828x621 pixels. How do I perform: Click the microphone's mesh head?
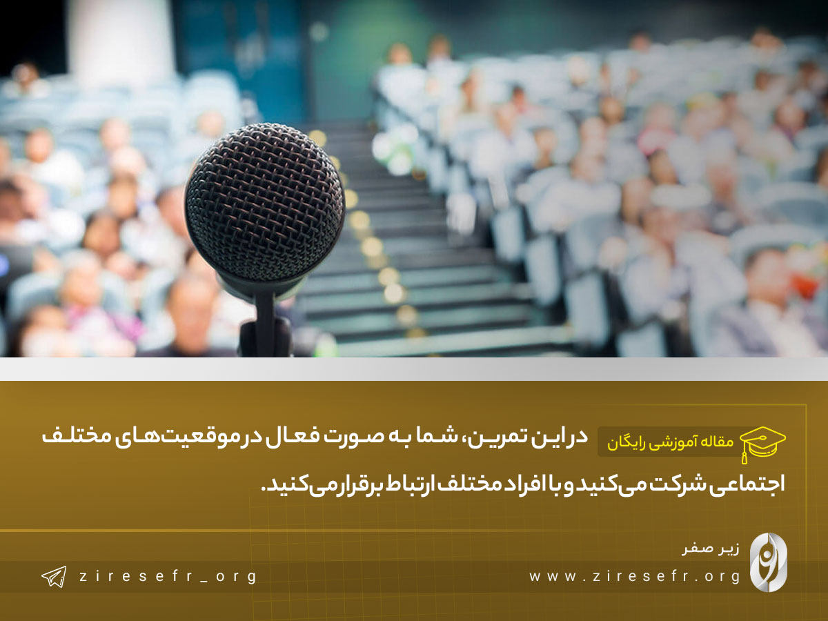point(265,203)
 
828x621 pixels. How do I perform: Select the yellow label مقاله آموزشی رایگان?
point(670,442)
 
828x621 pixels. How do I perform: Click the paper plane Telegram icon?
point(54,577)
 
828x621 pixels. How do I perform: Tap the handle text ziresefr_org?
point(168,577)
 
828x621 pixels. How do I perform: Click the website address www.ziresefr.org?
point(635,577)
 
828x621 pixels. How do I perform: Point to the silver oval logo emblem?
point(769,562)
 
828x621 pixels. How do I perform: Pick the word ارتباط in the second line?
point(409,484)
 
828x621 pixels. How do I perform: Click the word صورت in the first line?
point(357,437)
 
